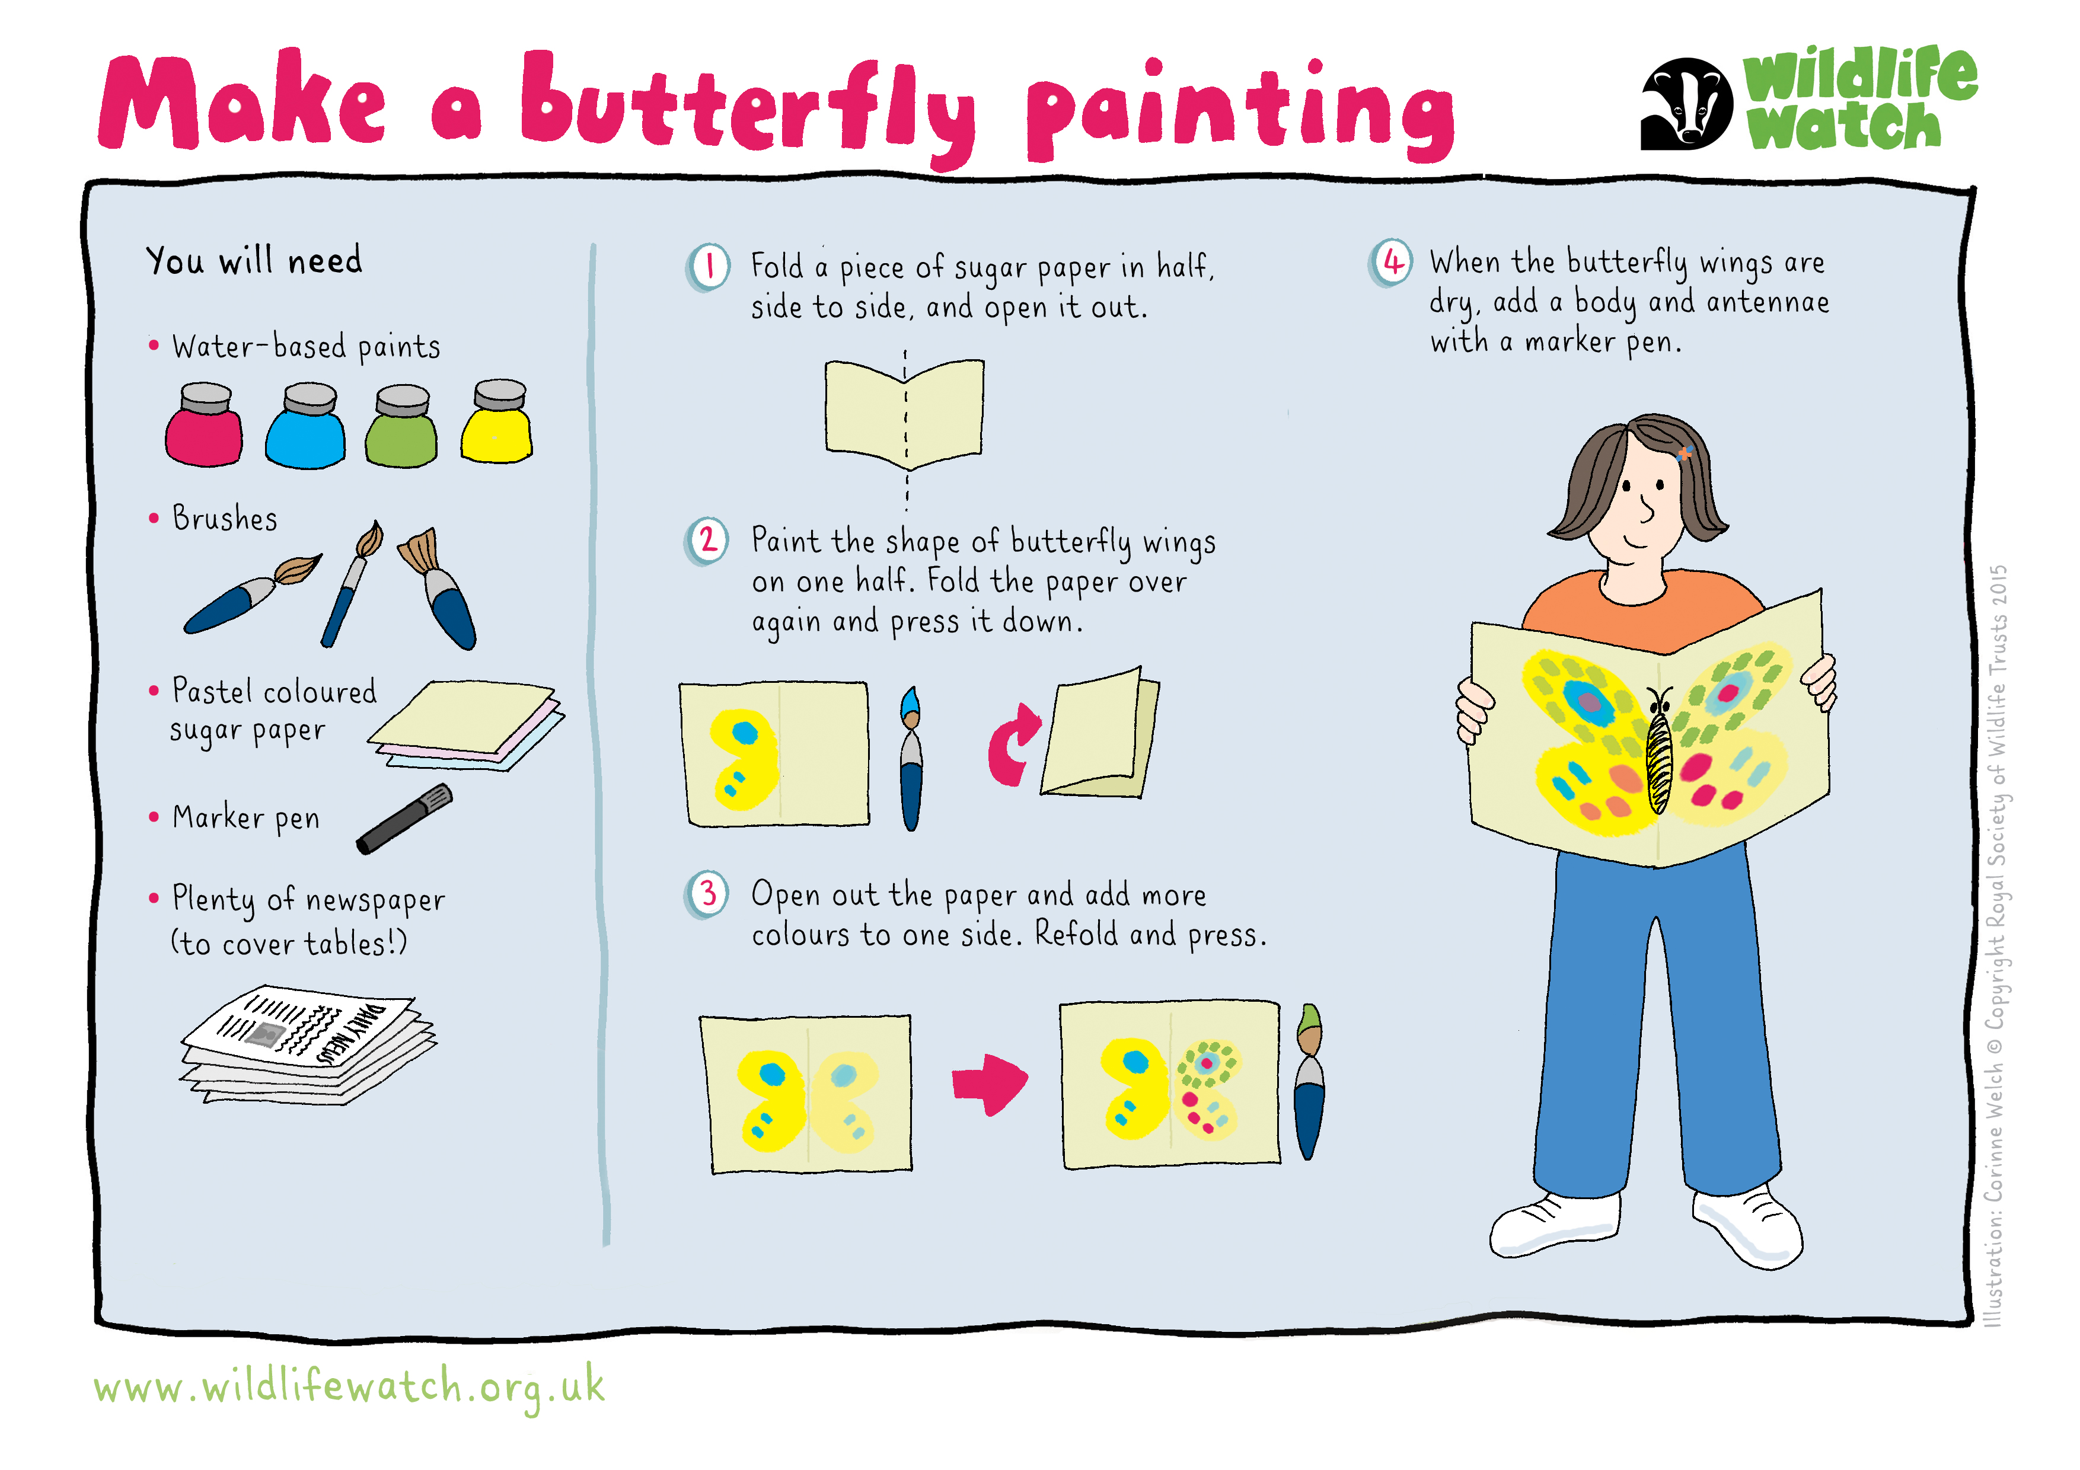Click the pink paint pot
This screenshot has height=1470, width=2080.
pos(204,425)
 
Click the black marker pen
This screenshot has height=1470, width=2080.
pos(404,819)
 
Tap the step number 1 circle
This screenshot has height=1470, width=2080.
pos(709,267)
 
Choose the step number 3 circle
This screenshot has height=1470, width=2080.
pos(707,895)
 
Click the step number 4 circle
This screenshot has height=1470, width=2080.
pos(1390,263)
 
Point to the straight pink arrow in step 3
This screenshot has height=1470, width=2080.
pos(990,1084)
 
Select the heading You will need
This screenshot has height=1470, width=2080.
pos(254,261)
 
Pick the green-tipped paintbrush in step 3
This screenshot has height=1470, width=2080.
pos(1309,1081)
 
